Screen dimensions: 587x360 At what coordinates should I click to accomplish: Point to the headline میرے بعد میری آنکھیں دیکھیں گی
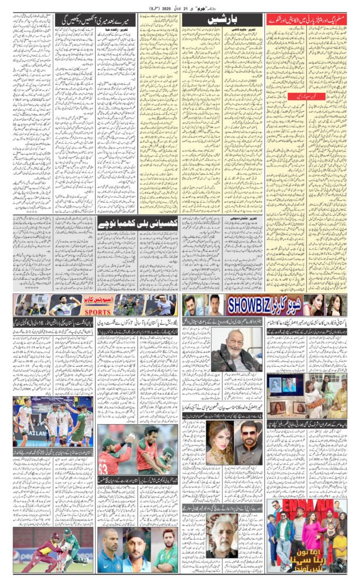pos(95,19)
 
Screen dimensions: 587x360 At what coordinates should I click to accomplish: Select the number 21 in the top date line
pos(186,8)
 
